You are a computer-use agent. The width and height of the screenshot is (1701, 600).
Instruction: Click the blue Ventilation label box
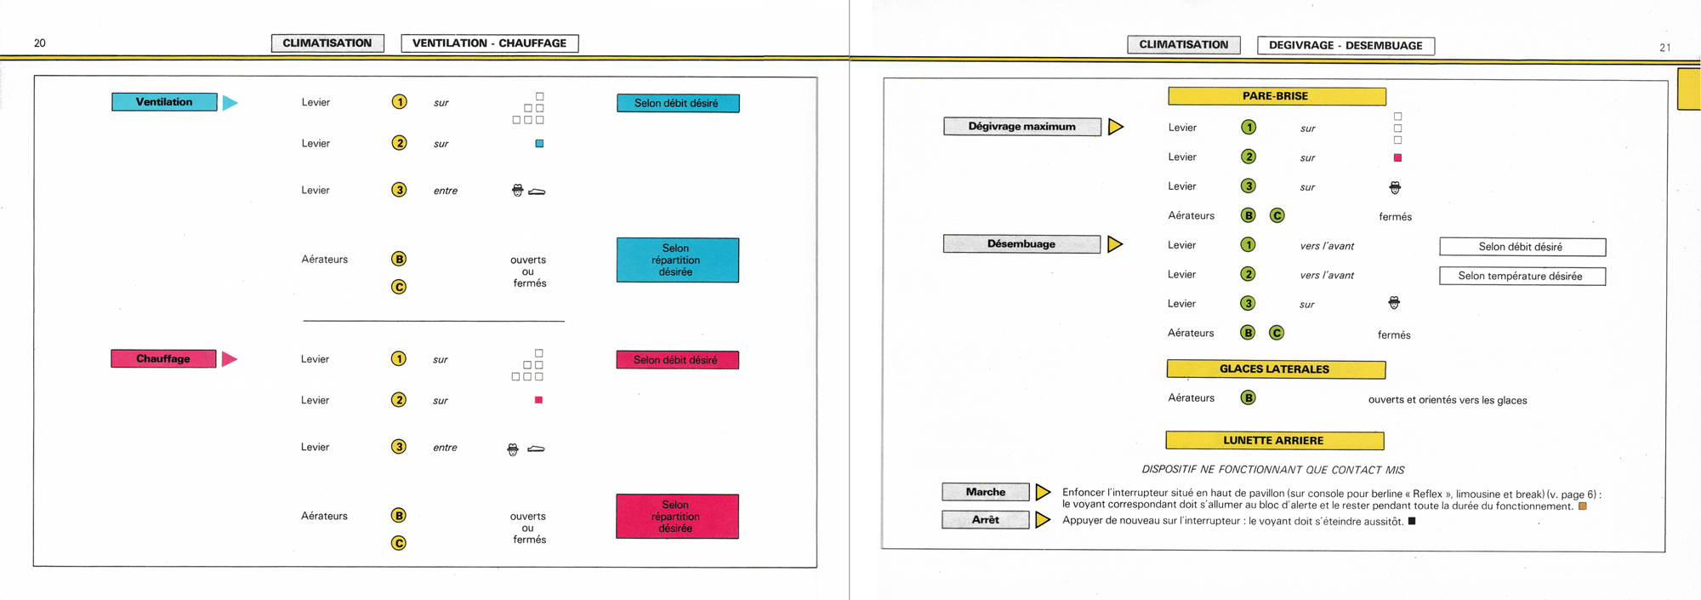tap(164, 102)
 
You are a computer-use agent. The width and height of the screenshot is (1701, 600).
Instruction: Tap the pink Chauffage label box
tap(163, 359)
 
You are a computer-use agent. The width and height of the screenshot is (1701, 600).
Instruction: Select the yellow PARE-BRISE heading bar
tap(1276, 96)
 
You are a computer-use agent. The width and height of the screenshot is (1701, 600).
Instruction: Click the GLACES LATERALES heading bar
tap(1275, 369)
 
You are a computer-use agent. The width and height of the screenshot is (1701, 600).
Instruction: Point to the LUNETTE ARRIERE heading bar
tap(1274, 441)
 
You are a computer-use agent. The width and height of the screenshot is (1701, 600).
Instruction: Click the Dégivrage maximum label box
tap(1021, 127)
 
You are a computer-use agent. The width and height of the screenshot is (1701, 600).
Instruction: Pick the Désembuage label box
tap(1021, 244)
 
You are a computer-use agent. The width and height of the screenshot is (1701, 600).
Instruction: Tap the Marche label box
tap(985, 492)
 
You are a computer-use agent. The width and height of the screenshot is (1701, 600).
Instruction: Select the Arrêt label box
tap(985, 520)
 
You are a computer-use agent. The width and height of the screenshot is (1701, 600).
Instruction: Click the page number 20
tap(40, 43)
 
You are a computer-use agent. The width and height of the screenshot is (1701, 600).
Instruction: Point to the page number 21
tap(1664, 48)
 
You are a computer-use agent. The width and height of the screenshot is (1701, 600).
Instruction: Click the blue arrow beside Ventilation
tap(230, 103)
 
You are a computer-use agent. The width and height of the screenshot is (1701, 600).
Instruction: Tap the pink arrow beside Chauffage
tap(229, 359)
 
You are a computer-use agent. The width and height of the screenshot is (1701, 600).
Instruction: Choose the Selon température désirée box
tap(1522, 277)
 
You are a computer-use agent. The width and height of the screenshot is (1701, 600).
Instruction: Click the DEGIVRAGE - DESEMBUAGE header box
tap(1345, 46)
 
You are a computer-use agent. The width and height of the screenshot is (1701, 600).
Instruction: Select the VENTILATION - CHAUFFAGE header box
tap(489, 43)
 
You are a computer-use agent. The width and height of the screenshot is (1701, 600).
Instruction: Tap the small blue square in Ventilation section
tap(539, 144)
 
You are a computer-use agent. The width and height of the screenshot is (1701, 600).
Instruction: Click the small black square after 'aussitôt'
tap(1412, 521)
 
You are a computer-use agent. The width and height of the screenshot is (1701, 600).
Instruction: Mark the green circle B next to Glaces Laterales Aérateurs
tap(1248, 397)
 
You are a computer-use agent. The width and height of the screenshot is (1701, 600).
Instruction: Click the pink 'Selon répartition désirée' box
tap(676, 517)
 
